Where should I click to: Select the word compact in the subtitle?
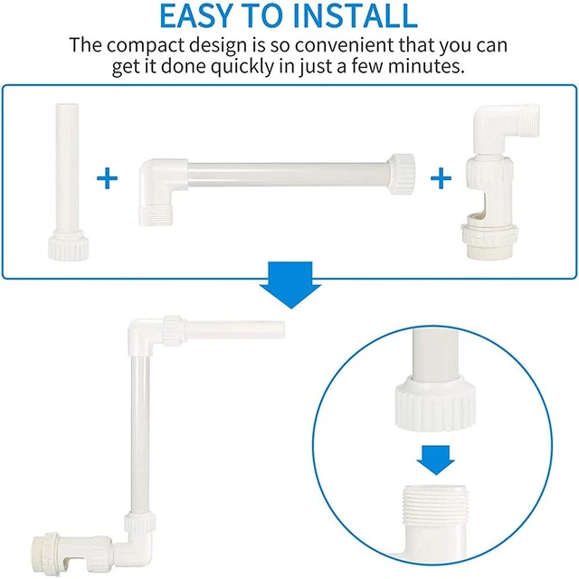(146, 46)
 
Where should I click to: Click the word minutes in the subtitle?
(426, 66)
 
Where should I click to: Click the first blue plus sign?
(107, 178)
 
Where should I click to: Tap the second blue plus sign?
(441, 178)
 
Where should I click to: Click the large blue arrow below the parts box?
(290, 285)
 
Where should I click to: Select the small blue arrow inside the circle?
(436, 460)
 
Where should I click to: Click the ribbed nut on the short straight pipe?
(69, 246)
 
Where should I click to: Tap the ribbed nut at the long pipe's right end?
(401, 174)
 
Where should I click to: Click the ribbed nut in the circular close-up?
(435, 405)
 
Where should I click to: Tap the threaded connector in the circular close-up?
(436, 505)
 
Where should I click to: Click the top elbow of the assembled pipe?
(144, 334)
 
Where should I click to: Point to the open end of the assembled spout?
(283, 330)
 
